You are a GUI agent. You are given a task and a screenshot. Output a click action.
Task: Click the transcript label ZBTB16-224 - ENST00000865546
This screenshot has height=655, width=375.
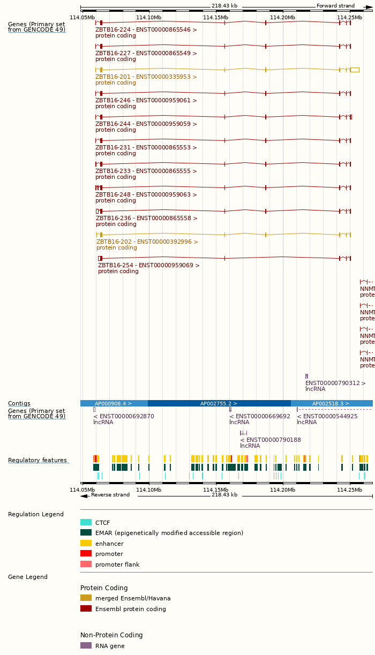point(146,29)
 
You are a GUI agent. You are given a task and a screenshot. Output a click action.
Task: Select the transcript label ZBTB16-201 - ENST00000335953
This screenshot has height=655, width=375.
point(146,77)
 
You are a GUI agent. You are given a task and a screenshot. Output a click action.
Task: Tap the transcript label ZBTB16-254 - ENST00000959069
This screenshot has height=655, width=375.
point(148,265)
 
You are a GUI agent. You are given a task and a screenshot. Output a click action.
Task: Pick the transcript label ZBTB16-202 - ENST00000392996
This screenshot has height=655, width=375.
point(147,242)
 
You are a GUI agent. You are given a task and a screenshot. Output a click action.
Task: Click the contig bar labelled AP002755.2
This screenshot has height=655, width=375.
point(219,403)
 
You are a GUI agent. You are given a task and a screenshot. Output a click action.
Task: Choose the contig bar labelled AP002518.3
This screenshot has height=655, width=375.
point(331,403)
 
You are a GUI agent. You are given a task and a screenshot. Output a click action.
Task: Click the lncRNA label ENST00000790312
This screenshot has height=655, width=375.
point(335,383)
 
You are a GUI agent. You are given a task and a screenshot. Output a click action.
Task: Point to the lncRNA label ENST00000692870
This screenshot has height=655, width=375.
point(124,416)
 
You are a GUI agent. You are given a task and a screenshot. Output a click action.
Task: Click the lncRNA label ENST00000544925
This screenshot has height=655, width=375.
point(327,416)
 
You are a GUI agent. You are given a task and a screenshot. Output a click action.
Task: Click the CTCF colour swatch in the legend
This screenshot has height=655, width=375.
point(86,522)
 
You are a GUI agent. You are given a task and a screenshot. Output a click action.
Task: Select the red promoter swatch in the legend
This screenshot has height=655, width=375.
point(86,553)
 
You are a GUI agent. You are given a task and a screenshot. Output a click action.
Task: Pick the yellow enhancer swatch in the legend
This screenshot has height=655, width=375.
point(86,543)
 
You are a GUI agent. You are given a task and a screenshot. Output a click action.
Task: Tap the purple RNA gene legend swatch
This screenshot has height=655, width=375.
point(86,645)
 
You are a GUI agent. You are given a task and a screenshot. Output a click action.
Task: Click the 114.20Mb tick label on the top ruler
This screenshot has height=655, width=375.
point(282,17)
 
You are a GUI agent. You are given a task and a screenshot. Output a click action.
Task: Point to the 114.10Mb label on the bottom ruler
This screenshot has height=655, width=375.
point(148,489)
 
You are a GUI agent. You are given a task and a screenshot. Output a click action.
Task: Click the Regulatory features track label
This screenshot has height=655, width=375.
point(37,460)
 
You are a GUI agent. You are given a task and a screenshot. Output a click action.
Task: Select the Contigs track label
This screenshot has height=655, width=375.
point(19,403)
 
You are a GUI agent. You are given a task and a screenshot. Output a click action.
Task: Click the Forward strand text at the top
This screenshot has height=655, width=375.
point(335,6)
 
